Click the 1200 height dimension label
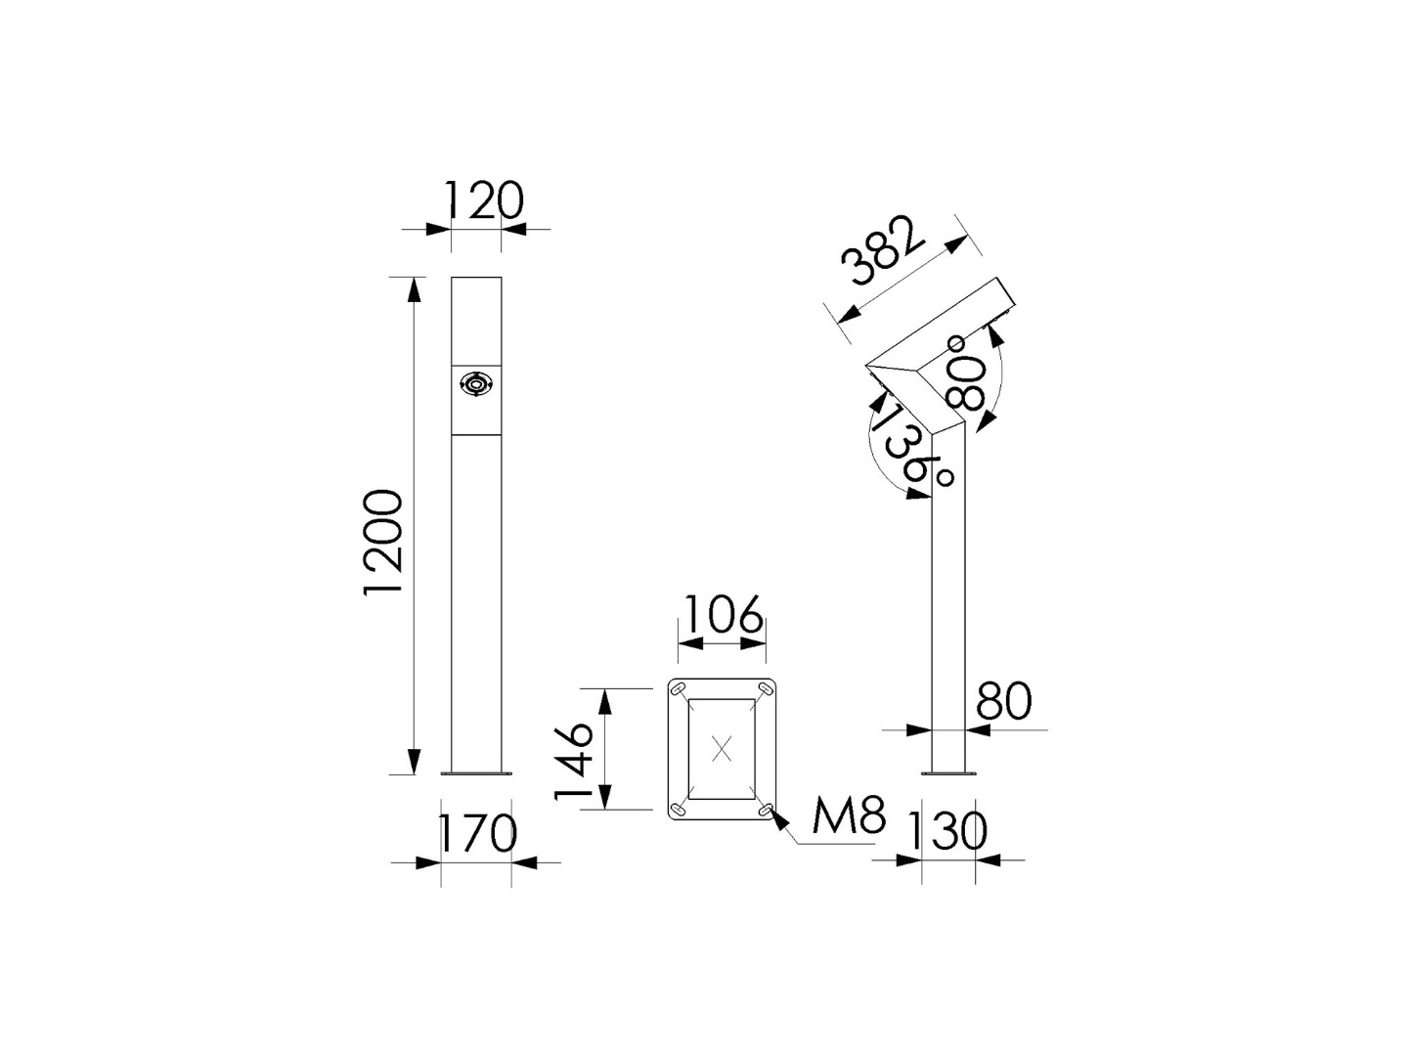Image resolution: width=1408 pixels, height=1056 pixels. [382, 544]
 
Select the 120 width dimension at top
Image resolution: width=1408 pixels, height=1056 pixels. [484, 200]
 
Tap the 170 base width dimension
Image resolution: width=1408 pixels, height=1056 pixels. [476, 834]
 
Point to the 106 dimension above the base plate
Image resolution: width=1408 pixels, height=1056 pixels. [722, 615]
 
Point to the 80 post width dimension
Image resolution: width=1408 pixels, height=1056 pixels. [1004, 701]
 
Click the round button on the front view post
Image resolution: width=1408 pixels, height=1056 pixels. [476, 385]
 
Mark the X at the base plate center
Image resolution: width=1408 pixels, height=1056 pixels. [722, 749]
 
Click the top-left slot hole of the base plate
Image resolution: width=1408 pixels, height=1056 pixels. [676, 690]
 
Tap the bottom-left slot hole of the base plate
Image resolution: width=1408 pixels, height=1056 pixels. [676, 809]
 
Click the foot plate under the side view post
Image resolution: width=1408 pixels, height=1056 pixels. [948, 774]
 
